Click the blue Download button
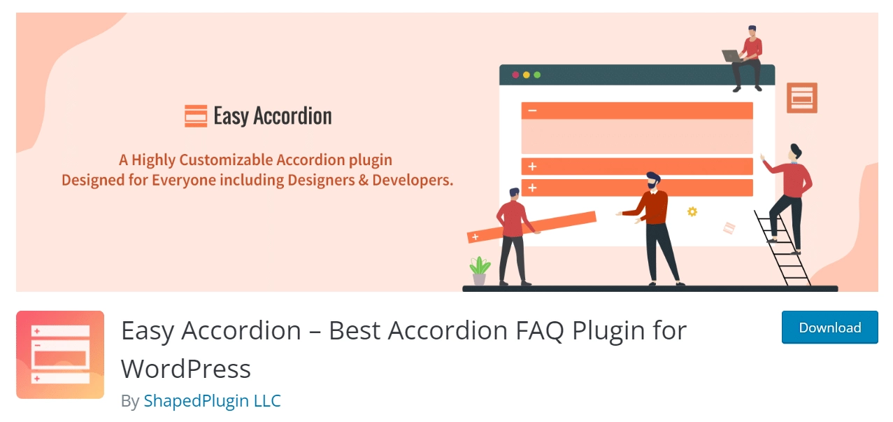pos(829,328)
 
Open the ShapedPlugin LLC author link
pos(212,401)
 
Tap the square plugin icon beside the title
pos(60,355)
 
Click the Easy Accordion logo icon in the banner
pos(196,115)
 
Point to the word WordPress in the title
pos(186,368)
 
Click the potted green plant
pos(480,270)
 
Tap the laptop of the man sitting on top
pos(731,56)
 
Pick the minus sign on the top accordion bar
pos(532,111)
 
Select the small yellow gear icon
pos(692,211)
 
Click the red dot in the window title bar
pos(516,75)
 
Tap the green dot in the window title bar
pos(537,75)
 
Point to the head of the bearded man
pos(653,181)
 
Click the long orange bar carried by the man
pos(531,227)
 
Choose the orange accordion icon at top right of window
pos(801,97)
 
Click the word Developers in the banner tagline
pos(412,180)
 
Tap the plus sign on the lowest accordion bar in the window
pos(532,188)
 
